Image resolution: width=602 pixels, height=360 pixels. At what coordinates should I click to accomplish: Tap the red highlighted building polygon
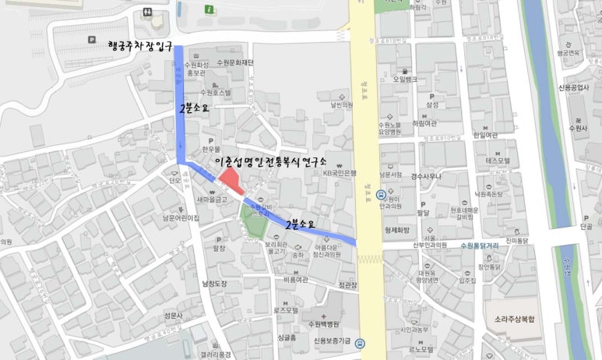point(231,182)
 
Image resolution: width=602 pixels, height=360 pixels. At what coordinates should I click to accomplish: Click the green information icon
point(209,9)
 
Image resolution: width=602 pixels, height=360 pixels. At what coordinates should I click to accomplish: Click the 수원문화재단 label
point(236,62)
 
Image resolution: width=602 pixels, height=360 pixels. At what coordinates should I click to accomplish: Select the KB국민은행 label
point(340,173)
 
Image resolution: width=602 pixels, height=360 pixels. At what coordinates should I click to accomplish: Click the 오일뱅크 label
point(405,79)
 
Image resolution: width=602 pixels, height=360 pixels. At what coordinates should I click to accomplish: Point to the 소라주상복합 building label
point(512,318)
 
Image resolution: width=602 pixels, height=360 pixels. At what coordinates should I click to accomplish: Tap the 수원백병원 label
point(324,324)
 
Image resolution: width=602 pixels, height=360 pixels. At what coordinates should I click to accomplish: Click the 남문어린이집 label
point(181,219)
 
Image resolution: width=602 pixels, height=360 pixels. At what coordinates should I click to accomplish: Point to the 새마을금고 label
point(212,199)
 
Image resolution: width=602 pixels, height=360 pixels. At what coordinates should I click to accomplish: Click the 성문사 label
point(173,316)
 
